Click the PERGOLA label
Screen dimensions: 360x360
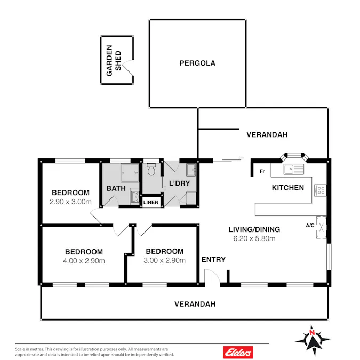coord(197,63)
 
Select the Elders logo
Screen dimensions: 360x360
coord(238,352)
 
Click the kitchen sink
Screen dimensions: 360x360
coord(293,170)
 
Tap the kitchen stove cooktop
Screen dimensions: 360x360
coord(320,189)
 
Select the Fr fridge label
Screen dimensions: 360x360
coord(262,172)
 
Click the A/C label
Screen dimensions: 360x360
coord(310,225)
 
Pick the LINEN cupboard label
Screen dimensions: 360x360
coord(151,202)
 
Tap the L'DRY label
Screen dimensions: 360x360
coord(179,183)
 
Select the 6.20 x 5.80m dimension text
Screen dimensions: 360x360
coord(254,238)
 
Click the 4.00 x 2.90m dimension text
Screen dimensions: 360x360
coord(84,261)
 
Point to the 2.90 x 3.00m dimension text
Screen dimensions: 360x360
coord(70,202)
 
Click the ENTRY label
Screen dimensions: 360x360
coord(213,260)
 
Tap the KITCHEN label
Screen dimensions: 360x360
coord(288,188)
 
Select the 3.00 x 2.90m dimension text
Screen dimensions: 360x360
coord(164,261)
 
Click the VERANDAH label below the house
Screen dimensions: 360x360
coord(195,304)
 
